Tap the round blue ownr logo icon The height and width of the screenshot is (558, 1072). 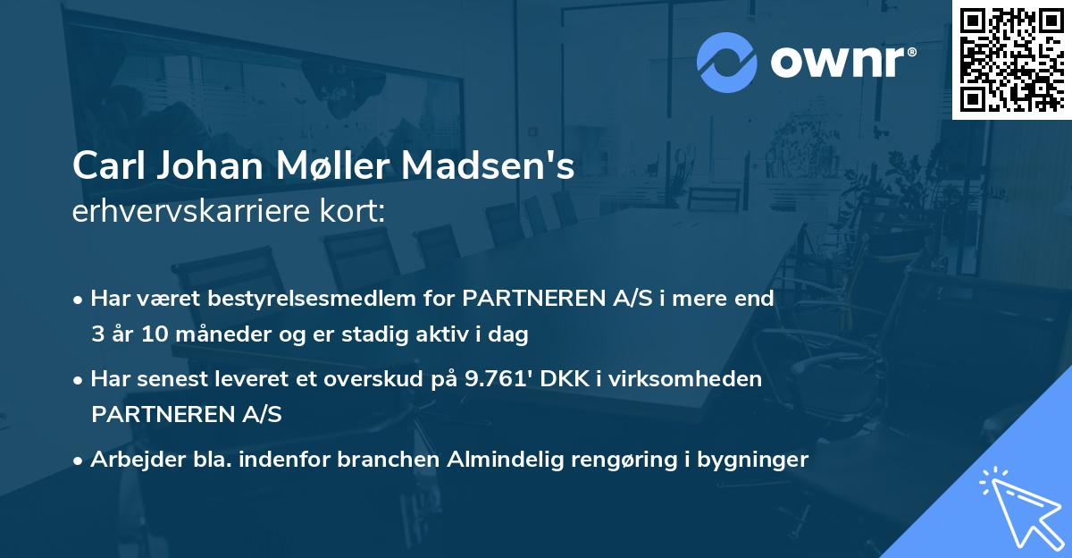[x=726, y=62]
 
